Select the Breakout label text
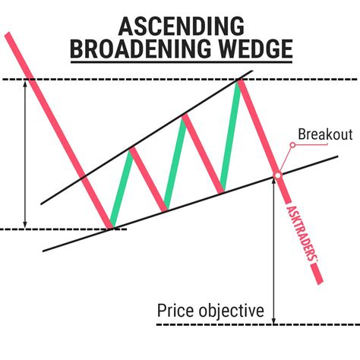coord(325,135)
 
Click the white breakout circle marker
coord(277,176)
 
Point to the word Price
coord(174,311)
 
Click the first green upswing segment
coord(121,187)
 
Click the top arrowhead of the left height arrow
coord(25,84)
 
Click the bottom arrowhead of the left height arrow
coord(25,223)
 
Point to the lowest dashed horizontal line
coord(258,325)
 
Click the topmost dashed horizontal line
coord(152,79)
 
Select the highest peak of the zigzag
coord(241,80)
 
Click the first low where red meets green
coord(111,226)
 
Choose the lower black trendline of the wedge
coord(190,204)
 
